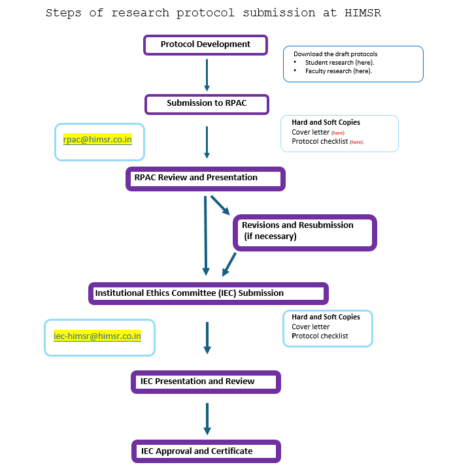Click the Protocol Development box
coord(205,45)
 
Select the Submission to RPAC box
coord(207,104)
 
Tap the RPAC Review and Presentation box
coord(205,179)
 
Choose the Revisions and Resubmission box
coord(305,233)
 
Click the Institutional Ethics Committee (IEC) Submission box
coord(209,293)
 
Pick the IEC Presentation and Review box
coord(206,381)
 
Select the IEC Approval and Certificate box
coord(206,451)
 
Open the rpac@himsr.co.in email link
coord(97,140)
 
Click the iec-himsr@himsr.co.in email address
coord(97,336)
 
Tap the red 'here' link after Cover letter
coord(338,133)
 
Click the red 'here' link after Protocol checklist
coord(357,142)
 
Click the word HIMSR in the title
coord(363,12)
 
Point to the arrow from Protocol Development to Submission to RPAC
coord(207,75)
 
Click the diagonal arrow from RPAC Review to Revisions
coord(220,206)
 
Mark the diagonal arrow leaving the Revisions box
coord(229,265)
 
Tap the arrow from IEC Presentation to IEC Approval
coord(207,419)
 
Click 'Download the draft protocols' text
coord(335,54)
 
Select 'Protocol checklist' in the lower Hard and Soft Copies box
coord(320,336)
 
